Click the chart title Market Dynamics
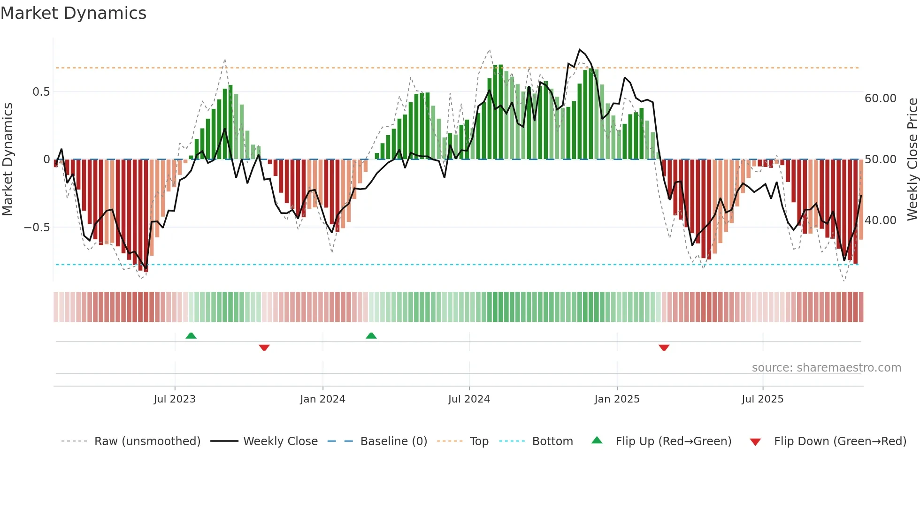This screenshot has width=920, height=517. tap(74, 13)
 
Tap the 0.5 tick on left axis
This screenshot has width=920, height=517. tap(41, 92)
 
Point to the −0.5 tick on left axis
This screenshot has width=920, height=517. tap(37, 228)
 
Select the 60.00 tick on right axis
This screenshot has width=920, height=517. tap(881, 99)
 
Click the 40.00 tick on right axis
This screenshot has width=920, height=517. tap(881, 220)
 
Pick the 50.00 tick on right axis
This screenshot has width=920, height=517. tap(881, 160)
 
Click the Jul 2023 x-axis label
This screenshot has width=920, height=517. tap(175, 399)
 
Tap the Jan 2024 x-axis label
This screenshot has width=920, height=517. tap(322, 399)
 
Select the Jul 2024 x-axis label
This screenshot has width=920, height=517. tap(469, 399)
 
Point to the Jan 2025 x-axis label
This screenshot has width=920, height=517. tap(617, 399)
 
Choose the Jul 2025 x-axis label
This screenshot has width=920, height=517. tap(763, 399)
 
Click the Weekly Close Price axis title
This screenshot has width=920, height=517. tap(912, 160)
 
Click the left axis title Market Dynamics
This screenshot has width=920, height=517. tap(8, 160)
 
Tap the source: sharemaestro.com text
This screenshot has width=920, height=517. tap(826, 368)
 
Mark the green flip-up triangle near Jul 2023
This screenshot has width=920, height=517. tap(191, 336)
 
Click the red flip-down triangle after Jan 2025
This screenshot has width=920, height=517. tap(664, 348)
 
